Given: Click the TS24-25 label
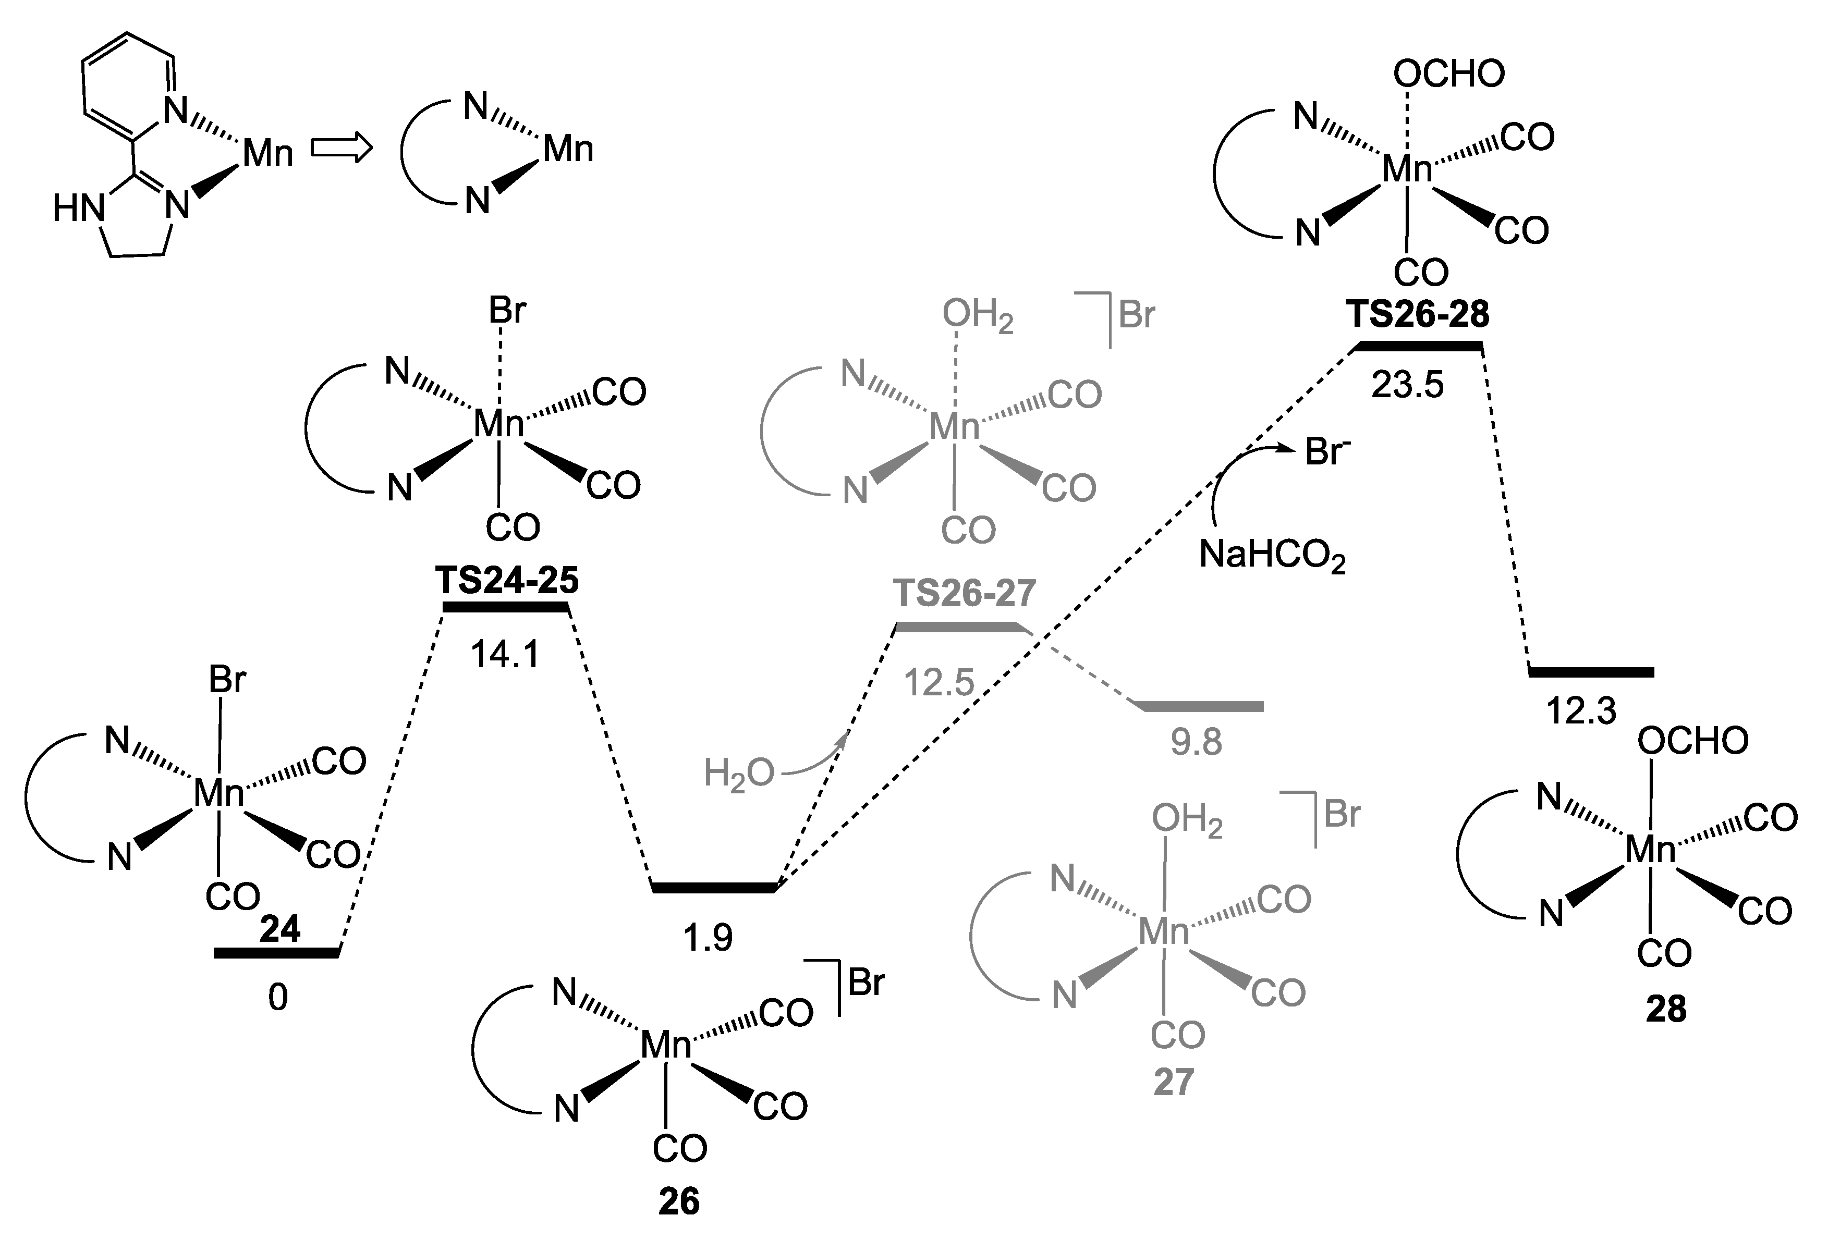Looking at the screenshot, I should click(507, 580).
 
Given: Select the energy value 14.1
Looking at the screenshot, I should click(505, 654).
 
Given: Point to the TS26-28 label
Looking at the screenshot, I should click(1418, 314).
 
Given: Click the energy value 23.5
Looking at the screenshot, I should click(1407, 385).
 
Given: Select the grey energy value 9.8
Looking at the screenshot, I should click(1196, 742).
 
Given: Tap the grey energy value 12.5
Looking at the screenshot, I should click(939, 682).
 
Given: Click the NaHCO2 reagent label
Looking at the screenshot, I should click(1272, 556).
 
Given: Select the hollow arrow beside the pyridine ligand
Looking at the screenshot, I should click(340, 148).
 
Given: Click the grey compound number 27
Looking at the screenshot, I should click(1174, 1082).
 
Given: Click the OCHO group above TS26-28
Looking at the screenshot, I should click(1449, 74).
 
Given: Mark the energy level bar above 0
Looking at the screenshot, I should click(276, 953).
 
